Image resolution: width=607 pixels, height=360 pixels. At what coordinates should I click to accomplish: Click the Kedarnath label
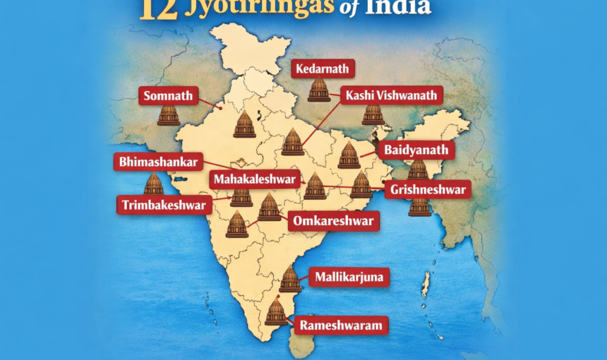click(323, 68)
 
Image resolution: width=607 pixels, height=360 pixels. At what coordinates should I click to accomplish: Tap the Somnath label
click(168, 95)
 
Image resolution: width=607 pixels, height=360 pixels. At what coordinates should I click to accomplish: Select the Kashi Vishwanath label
click(391, 95)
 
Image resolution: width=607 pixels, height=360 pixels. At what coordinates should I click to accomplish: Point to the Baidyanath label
click(416, 150)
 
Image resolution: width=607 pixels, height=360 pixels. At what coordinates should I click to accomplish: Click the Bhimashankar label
click(159, 162)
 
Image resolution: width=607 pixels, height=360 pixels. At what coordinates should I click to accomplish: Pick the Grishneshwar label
click(427, 189)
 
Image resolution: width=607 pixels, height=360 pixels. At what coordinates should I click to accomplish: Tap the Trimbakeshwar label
click(164, 205)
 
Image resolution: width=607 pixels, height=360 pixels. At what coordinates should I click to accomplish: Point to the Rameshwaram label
click(341, 325)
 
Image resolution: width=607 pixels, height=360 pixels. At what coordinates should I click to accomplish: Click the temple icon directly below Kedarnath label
click(319, 90)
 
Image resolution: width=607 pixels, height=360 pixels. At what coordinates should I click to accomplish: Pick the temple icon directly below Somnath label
click(168, 115)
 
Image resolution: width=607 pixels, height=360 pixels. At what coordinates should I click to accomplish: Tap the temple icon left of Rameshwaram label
click(276, 312)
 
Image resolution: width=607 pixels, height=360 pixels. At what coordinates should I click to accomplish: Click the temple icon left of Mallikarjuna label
click(290, 280)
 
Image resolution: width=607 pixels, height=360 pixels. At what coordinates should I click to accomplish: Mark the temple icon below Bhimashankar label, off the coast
click(153, 184)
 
